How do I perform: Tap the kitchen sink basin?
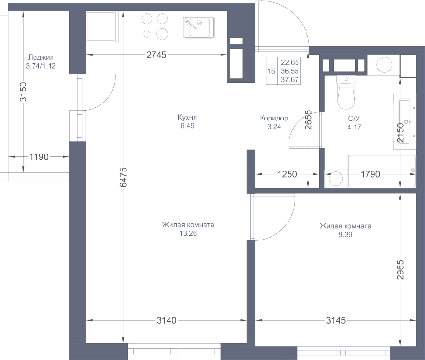click(199, 27)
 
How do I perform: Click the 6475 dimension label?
click(123, 177)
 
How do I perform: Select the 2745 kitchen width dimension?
click(156, 55)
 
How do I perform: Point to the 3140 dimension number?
click(166, 320)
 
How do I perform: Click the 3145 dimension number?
click(336, 320)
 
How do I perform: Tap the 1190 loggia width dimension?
click(39, 157)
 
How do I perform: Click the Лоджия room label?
click(41, 57)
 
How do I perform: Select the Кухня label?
click(187, 117)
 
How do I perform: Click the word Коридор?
click(274, 118)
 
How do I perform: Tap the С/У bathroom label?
click(354, 119)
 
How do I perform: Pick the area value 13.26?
click(188, 233)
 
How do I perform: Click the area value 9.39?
click(345, 234)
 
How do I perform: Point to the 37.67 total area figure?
click(290, 80)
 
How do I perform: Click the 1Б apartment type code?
click(271, 71)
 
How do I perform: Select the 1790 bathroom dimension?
click(370, 174)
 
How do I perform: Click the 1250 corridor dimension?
click(287, 174)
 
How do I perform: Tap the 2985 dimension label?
click(400, 270)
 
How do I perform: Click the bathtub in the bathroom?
click(382, 171)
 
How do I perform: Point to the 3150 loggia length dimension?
click(24, 92)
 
